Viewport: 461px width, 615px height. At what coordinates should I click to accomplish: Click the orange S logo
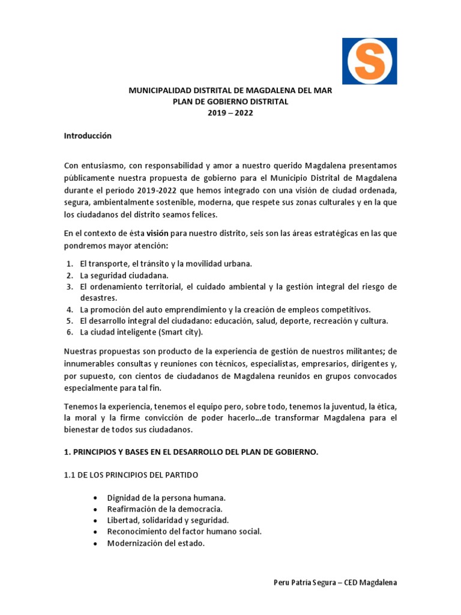coord(369,61)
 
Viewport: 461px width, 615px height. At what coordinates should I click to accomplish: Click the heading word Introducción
coord(88,136)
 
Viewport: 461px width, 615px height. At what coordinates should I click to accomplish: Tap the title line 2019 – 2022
coord(230,113)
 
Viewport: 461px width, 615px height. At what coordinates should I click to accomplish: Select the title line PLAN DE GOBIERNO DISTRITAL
coord(230,101)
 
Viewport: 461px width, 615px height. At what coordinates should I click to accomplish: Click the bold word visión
coord(157,233)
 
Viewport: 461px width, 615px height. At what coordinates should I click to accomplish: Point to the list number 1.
coord(69,264)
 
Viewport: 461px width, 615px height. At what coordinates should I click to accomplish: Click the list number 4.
coord(69,309)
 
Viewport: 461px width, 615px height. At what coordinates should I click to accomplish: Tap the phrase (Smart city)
coord(181,332)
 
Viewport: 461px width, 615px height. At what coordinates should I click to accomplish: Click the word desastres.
coord(100,298)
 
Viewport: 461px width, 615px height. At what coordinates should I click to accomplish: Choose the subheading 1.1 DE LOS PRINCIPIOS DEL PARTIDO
coord(131,475)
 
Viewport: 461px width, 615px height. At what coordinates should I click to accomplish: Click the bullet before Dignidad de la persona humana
coord(96,498)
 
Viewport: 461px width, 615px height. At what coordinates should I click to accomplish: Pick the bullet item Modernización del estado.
coord(156,543)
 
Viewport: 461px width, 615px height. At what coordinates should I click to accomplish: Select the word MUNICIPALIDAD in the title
coord(159,90)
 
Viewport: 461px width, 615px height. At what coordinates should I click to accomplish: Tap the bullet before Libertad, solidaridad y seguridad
coord(96,520)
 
